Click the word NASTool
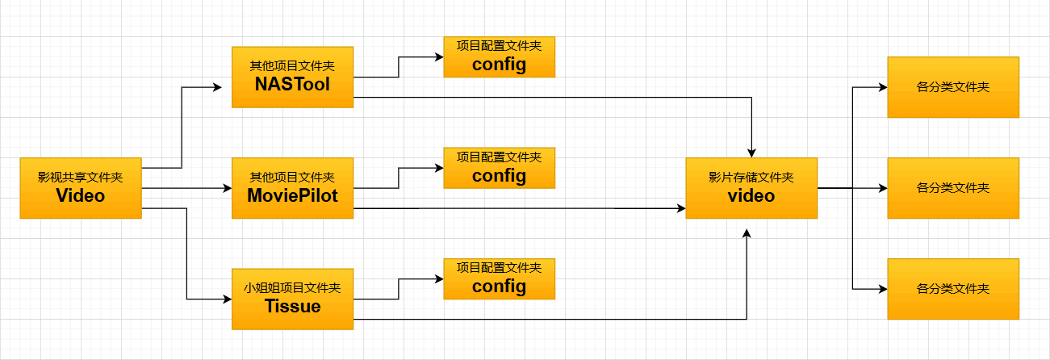click(292, 85)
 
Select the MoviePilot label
click(292, 195)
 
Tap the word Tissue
click(292, 306)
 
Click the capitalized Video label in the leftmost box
click(80, 195)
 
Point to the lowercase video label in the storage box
click(751, 195)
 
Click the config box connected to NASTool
click(500, 57)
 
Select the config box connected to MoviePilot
click(500, 168)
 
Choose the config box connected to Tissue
click(500, 279)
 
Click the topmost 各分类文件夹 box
click(953, 87)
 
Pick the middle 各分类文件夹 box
click(953, 188)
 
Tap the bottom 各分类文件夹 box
click(953, 289)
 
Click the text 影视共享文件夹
click(80, 178)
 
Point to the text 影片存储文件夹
click(751, 178)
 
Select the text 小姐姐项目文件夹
click(292, 288)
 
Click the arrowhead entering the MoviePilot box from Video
click(228, 188)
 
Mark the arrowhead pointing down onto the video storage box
click(751, 153)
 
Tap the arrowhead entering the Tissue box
click(228, 299)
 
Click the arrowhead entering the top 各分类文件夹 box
click(883, 87)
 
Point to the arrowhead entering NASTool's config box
click(439, 57)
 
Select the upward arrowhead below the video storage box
click(747, 234)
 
